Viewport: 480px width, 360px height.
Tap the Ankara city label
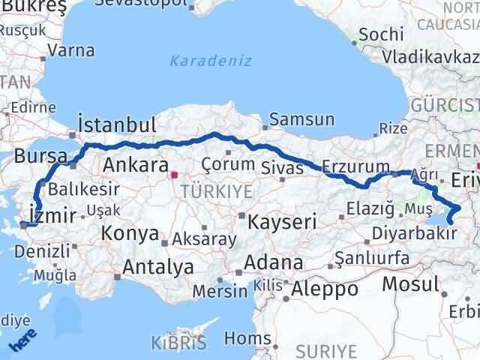point(135,165)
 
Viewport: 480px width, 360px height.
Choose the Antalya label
point(158,266)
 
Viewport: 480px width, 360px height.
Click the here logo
point(22,341)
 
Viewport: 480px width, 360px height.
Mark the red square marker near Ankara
point(173,175)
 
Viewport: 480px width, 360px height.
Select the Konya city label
point(130,232)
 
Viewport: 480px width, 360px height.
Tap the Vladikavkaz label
point(429,56)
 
